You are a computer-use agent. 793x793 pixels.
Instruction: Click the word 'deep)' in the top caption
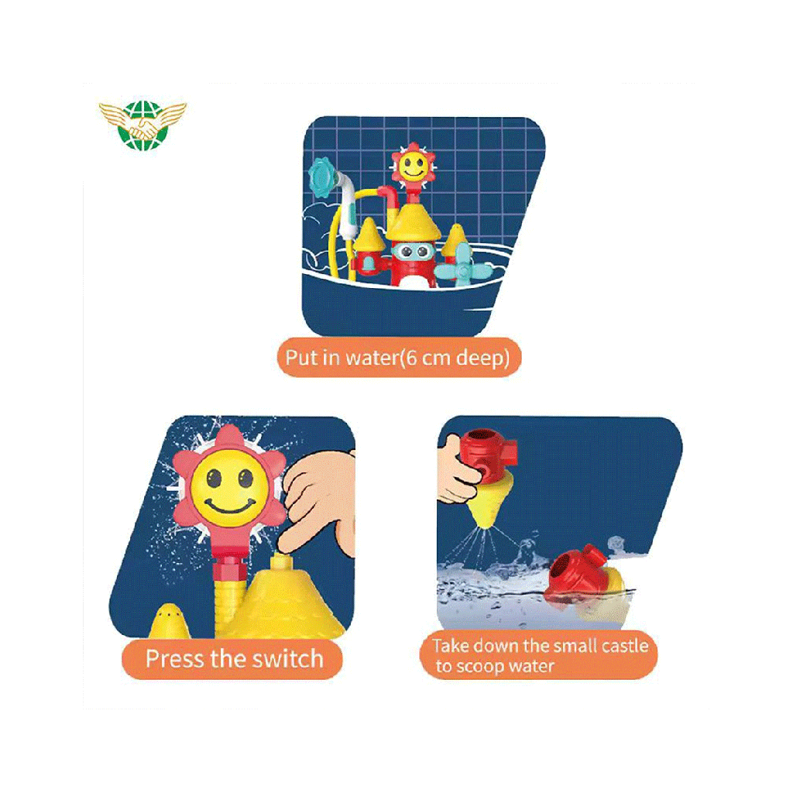coord(482,358)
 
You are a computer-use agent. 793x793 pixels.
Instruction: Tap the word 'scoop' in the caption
coord(480,667)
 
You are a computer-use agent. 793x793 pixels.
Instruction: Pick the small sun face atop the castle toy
coord(414,163)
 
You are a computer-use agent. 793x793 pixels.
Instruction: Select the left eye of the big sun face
coord(214,476)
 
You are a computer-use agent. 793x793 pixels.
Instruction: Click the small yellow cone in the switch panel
coord(169,621)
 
